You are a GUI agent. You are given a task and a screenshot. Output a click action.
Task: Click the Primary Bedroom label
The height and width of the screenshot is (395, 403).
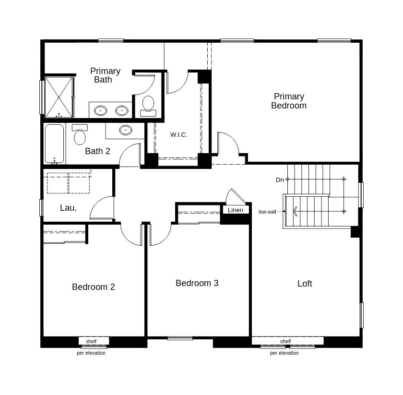pyautogui.click(x=289, y=101)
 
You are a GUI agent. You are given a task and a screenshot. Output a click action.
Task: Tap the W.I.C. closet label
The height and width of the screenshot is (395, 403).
pyautogui.click(x=178, y=134)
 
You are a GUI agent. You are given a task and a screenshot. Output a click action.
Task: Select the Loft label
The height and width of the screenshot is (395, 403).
pyautogui.click(x=305, y=283)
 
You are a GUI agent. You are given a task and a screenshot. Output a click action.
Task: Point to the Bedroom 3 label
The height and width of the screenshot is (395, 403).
pyautogui.click(x=197, y=283)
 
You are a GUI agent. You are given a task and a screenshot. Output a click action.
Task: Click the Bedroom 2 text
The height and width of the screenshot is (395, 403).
pyautogui.click(x=93, y=287)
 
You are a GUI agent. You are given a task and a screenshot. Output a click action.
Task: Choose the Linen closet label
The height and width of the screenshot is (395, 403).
pyautogui.click(x=236, y=210)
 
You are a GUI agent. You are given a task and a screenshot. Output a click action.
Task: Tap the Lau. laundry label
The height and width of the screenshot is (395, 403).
pyautogui.click(x=68, y=207)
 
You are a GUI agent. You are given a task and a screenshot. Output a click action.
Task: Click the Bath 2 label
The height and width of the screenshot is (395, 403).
pyautogui.click(x=97, y=151)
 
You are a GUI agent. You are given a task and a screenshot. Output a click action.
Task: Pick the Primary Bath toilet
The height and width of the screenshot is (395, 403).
pyautogui.click(x=148, y=106)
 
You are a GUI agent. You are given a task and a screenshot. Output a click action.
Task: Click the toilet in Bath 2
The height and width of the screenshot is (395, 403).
pyautogui.click(x=80, y=134)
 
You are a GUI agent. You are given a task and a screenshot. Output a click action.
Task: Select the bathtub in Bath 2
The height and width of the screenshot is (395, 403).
pyautogui.click(x=54, y=144)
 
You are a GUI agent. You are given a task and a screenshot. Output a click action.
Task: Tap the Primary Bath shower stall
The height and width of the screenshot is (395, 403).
pyautogui.click(x=59, y=97)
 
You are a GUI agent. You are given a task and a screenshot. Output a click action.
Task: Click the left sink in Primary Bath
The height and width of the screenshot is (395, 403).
pyautogui.click(x=100, y=111)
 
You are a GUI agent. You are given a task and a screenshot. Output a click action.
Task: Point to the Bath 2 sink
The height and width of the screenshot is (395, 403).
pyautogui.click(x=125, y=130)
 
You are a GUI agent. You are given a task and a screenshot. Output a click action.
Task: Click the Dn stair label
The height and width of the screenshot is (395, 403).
pyautogui.click(x=280, y=180)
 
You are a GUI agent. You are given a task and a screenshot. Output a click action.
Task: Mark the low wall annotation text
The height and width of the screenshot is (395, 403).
pyautogui.click(x=267, y=212)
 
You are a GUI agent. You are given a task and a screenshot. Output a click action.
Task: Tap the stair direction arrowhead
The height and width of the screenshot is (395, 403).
pyautogui.click(x=295, y=211)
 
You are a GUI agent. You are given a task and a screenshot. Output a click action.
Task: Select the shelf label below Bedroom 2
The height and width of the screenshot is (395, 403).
pyautogui.click(x=91, y=341)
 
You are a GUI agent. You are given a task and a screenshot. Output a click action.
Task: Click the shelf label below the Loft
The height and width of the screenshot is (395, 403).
pyautogui.click(x=285, y=341)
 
